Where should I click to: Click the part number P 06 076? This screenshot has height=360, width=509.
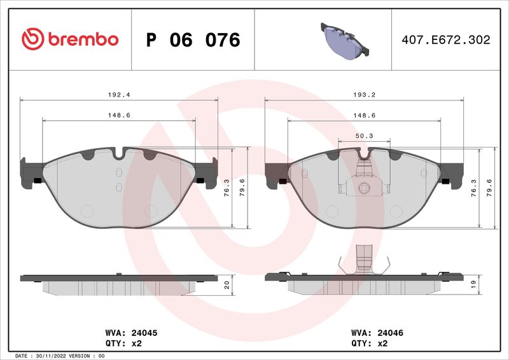(193, 40)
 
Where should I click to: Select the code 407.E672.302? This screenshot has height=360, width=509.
(446, 39)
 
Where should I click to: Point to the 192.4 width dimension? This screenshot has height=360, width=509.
(120, 93)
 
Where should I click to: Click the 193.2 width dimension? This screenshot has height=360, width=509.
(364, 93)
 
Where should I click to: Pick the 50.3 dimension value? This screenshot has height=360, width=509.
(364, 135)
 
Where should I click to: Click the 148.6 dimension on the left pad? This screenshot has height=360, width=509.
(120, 114)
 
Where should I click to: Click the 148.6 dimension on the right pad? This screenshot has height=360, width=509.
(364, 114)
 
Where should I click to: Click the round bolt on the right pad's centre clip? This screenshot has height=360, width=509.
(364, 188)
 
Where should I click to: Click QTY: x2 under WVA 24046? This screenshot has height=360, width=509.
(369, 343)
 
